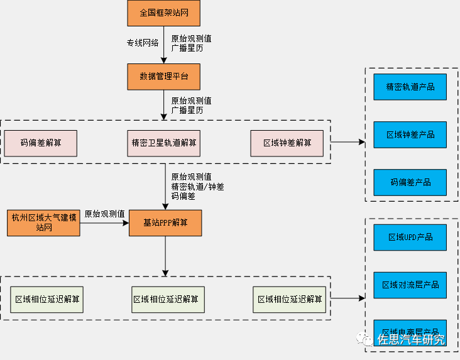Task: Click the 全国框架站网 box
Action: (164, 13)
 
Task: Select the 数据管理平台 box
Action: (164, 77)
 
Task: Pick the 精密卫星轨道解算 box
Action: (164, 143)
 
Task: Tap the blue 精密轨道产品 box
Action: (410, 87)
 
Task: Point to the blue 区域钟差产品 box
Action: (410, 134)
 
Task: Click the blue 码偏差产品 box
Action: (410, 182)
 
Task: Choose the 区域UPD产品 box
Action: (410, 237)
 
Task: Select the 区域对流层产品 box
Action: (410, 285)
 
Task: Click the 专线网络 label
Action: (143, 43)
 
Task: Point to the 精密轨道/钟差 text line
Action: (197, 187)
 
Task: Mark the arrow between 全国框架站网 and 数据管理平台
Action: (164, 44)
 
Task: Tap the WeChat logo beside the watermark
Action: (364, 339)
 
